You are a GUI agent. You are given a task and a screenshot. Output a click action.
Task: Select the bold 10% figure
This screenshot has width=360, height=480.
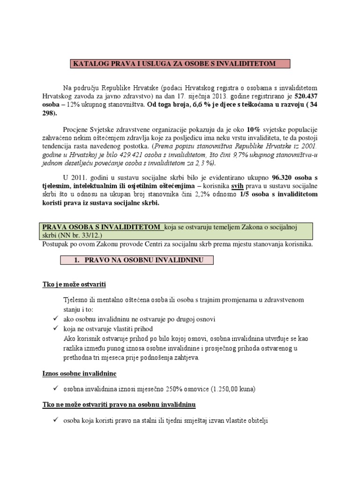[x=253, y=129]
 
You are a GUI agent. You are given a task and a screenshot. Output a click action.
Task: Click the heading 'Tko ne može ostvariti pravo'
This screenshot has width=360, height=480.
[x=120, y=404]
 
